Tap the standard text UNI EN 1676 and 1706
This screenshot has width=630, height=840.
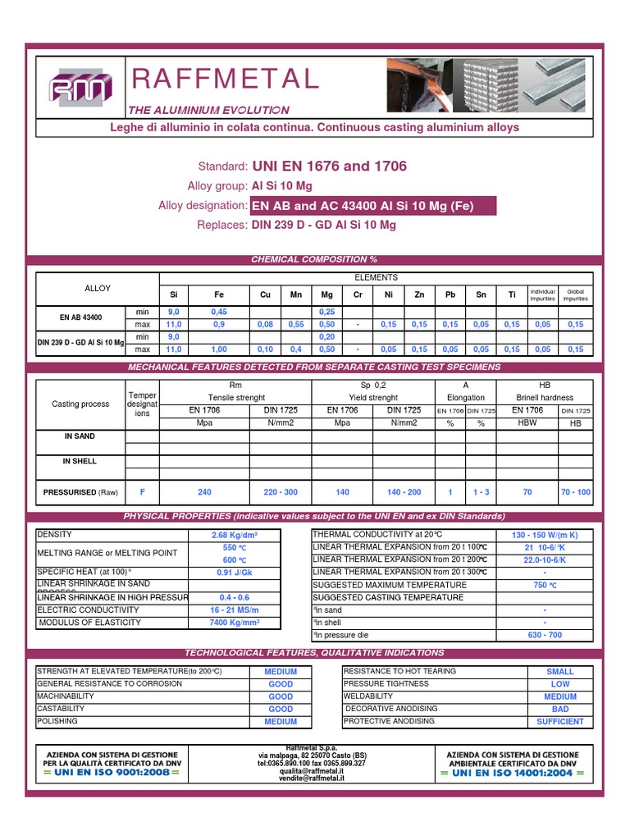point(329,167)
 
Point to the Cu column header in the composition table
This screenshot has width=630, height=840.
point(265,295)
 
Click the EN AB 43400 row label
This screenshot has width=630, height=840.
point(80,317)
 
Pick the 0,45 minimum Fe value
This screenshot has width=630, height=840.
point(219,312)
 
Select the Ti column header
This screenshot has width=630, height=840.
point(512,295)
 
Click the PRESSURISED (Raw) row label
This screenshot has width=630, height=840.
point(80,492)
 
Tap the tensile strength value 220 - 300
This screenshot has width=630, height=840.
point(281,492)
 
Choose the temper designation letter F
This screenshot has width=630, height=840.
point(142,492)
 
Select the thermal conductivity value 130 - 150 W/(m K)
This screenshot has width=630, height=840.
point(544,535)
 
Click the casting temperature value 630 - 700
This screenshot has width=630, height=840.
point(544,636)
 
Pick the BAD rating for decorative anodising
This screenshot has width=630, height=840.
point(560,709)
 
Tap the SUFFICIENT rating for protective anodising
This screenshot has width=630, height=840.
point(560,722)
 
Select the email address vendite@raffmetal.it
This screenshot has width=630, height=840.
point(313,778)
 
